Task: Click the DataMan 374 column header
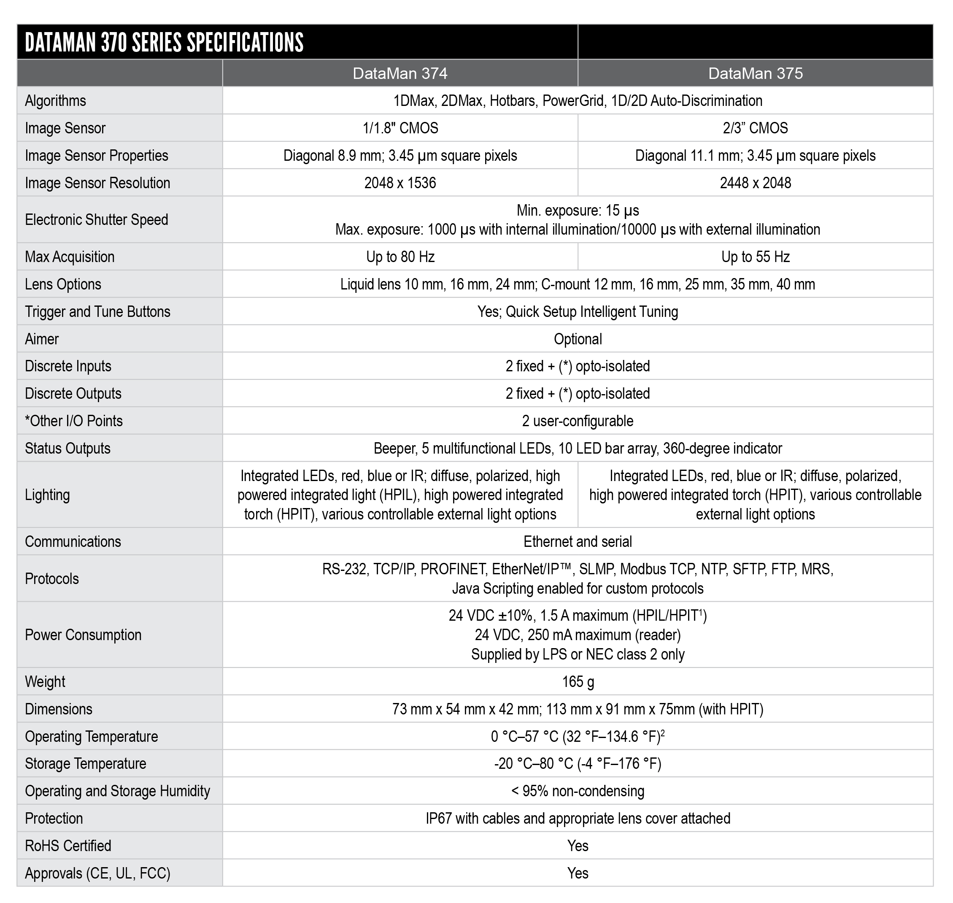pos(400,73)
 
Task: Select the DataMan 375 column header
pos(755,73)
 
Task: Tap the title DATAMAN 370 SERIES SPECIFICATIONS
pos(164,42)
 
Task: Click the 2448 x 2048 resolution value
pos(755,183)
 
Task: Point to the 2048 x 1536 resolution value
pos(400,183)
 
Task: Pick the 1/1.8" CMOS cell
pos(400,128)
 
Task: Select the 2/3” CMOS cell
pos(755,128)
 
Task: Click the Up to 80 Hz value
pos(400,257)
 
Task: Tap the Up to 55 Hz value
pos(755,257)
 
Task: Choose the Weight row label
pos(45,681)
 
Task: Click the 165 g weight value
pos(578,681)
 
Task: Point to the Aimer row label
pos(42,339)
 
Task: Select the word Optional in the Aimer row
pos(578,339)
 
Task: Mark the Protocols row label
pos(52,579)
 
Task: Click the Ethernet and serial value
pos(578,541)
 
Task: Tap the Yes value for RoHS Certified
pos(578,846)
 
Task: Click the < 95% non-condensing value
pos(578,791)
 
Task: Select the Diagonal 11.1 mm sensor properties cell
pos(755,155)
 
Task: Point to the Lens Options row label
pos(63,284)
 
